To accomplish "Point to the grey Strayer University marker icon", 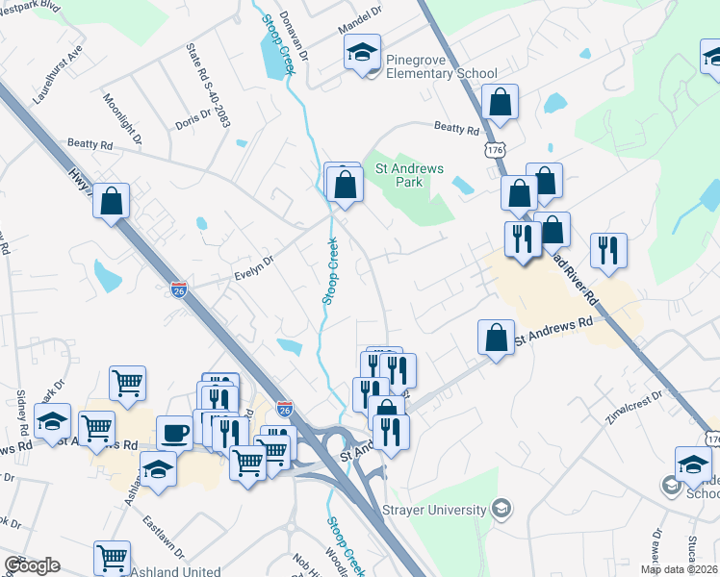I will click(x=500, y=507).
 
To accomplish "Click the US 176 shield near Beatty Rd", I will click(x=495, y=151).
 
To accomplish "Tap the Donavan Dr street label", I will click(x=295, y=36).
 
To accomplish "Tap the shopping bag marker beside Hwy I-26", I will click(x=113, y=203).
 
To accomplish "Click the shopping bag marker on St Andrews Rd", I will click(x=496, y=339).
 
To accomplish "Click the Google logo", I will click(x=32, y=565).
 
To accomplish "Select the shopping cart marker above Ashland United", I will click(x=112, y=558).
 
